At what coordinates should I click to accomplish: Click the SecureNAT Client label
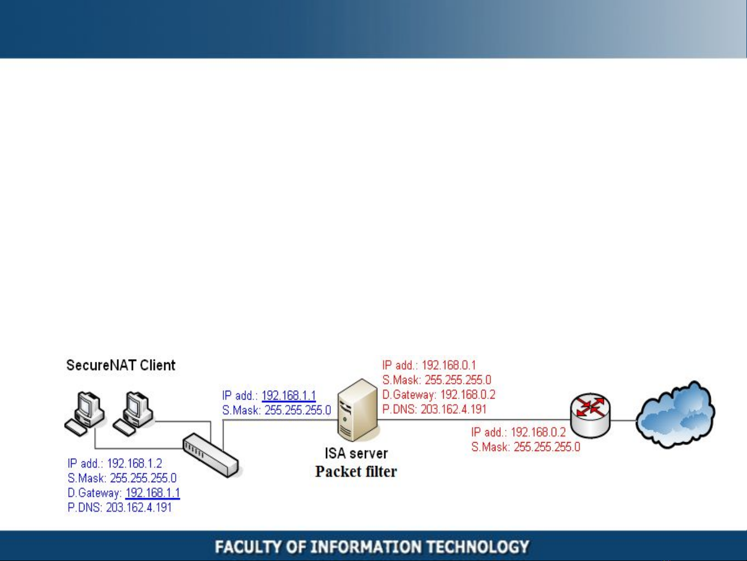[121, 365]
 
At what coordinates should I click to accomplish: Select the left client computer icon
[84, 414]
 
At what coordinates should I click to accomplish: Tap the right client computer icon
[133, 414]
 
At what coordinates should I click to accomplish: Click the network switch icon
[210, 455]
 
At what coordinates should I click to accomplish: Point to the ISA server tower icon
[358, 411]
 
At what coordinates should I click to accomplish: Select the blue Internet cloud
[675, 415]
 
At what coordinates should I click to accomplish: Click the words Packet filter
[356, 472]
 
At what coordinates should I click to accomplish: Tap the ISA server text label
[356, 454]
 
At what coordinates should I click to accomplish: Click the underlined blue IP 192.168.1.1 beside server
[289, 395]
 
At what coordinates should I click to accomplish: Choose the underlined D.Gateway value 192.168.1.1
[152, 493]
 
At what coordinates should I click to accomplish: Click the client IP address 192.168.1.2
[134, 463]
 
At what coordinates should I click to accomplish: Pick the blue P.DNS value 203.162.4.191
[139, 508]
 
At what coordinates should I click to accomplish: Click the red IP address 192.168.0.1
[448, 365]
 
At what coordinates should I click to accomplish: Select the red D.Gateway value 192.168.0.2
[468, 395]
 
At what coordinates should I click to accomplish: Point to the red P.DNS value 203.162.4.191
[454, 409]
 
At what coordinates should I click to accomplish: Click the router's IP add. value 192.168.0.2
[538, 432]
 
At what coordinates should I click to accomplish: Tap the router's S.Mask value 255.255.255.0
[547, 447]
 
